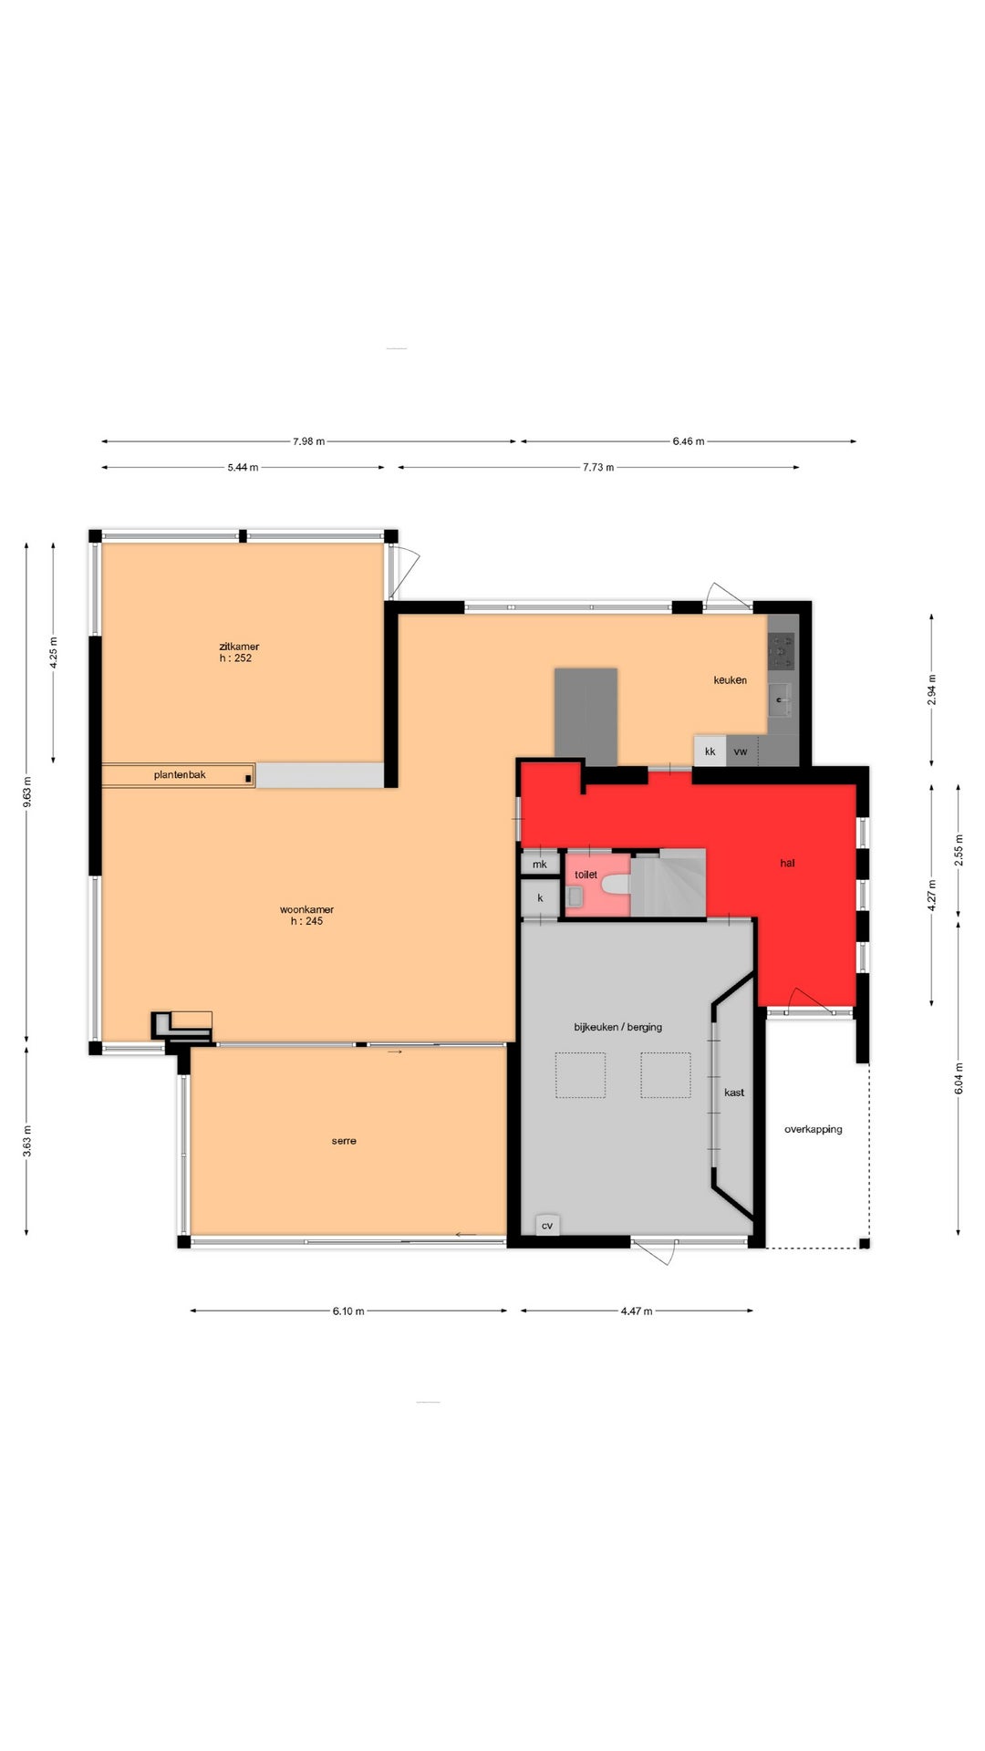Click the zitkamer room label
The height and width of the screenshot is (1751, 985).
click(x=239, y=647)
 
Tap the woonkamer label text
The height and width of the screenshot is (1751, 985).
click(x=306, y=909)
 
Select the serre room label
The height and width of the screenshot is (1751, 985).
click(x=344, y=1141)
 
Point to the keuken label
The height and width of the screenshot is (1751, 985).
click(x=730, y=679)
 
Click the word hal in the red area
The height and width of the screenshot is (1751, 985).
click(x=787, y=863)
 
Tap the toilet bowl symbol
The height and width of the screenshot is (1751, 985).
click(x=616, y=884)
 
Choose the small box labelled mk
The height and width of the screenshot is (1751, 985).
click(x=539, y=864)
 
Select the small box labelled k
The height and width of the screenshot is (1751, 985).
click(x=539, y=898)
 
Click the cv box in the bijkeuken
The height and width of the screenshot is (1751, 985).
click(x=547, y=1225)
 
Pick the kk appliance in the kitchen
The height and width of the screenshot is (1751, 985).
click(x=710, y=751)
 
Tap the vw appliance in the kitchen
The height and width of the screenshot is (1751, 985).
click(x=741, y=751)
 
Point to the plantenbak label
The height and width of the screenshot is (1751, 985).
click(x=180, y=775)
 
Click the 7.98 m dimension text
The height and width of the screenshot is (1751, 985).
click(x=308, y=441)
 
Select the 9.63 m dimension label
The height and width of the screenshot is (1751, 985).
click(x=27, y=792)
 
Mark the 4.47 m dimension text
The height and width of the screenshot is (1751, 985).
click(x=637, y=1311)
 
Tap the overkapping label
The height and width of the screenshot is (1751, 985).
click(x=814, y=1129)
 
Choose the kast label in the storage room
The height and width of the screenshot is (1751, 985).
click(x=734, y=1093)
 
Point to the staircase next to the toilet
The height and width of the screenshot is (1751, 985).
click(x=669, y=883)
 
